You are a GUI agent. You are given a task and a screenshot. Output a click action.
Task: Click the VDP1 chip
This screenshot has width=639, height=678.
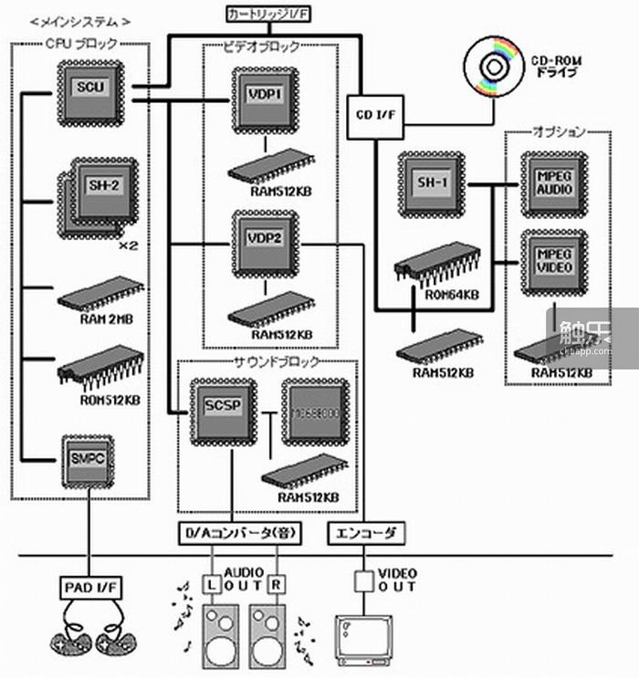[x=265, y=96]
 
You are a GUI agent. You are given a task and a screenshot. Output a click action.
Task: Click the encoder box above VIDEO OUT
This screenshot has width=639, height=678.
[x=366, y=533]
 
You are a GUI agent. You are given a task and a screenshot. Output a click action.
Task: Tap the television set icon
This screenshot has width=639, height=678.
[x=366, y=636]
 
